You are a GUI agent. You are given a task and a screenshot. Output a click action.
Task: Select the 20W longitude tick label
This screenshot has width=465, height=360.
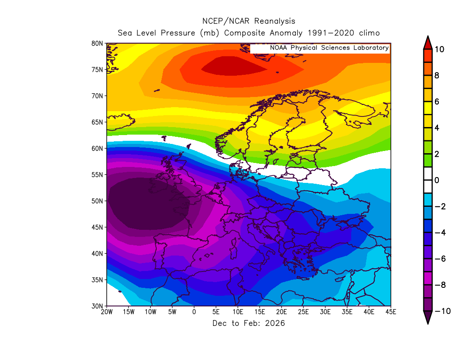(x=106, y=312)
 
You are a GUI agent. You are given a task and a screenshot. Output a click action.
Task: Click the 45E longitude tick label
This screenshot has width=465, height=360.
(x=391, y=312)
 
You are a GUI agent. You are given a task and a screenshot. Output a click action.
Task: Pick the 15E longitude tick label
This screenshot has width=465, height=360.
(x=260, y=312)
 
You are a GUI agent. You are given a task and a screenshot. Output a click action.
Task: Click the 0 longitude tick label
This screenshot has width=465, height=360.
(x=194, y=312)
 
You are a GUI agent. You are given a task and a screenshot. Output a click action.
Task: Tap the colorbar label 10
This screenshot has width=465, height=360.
(x=439, y=49)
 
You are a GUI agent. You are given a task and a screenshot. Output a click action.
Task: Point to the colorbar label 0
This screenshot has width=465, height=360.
(x=437, y=180)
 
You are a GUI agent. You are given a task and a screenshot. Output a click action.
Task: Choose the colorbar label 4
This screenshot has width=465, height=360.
(x=437, y=128)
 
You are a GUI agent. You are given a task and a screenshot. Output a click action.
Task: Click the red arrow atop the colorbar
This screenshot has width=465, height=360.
(x=428, y=43)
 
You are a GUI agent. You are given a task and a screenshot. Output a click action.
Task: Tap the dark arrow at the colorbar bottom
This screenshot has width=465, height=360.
(x=428, y=317)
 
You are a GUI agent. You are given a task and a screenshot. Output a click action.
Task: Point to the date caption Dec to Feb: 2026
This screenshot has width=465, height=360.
(x=249, y=323)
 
